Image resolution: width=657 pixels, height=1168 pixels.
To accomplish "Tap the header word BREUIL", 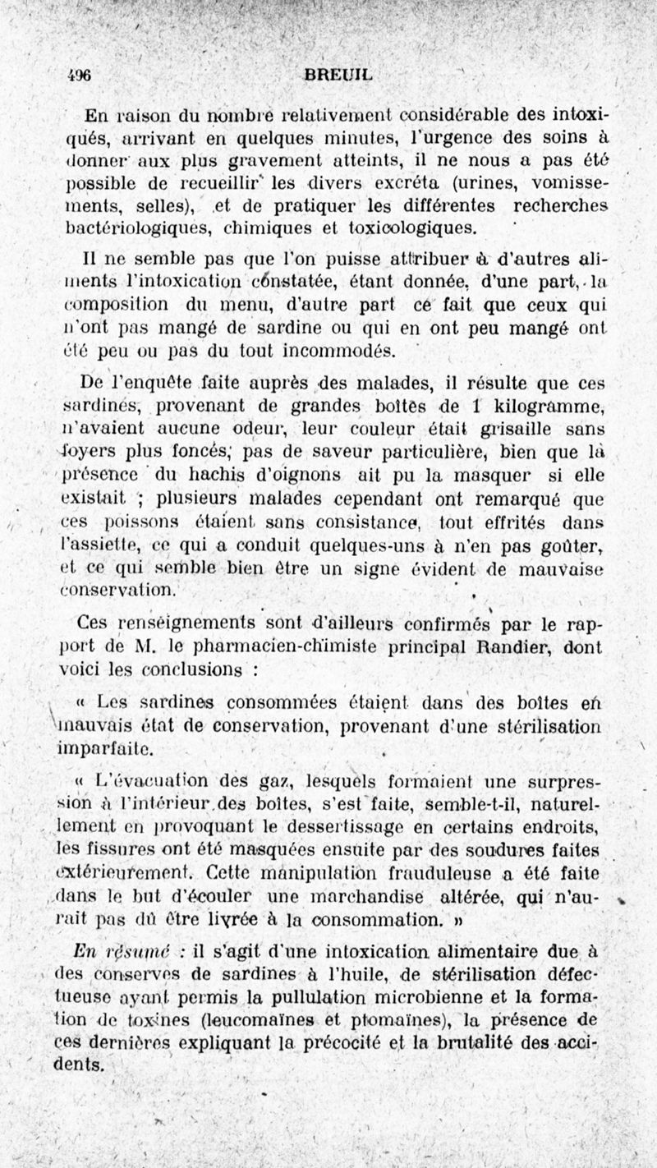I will (x=338, y=74).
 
